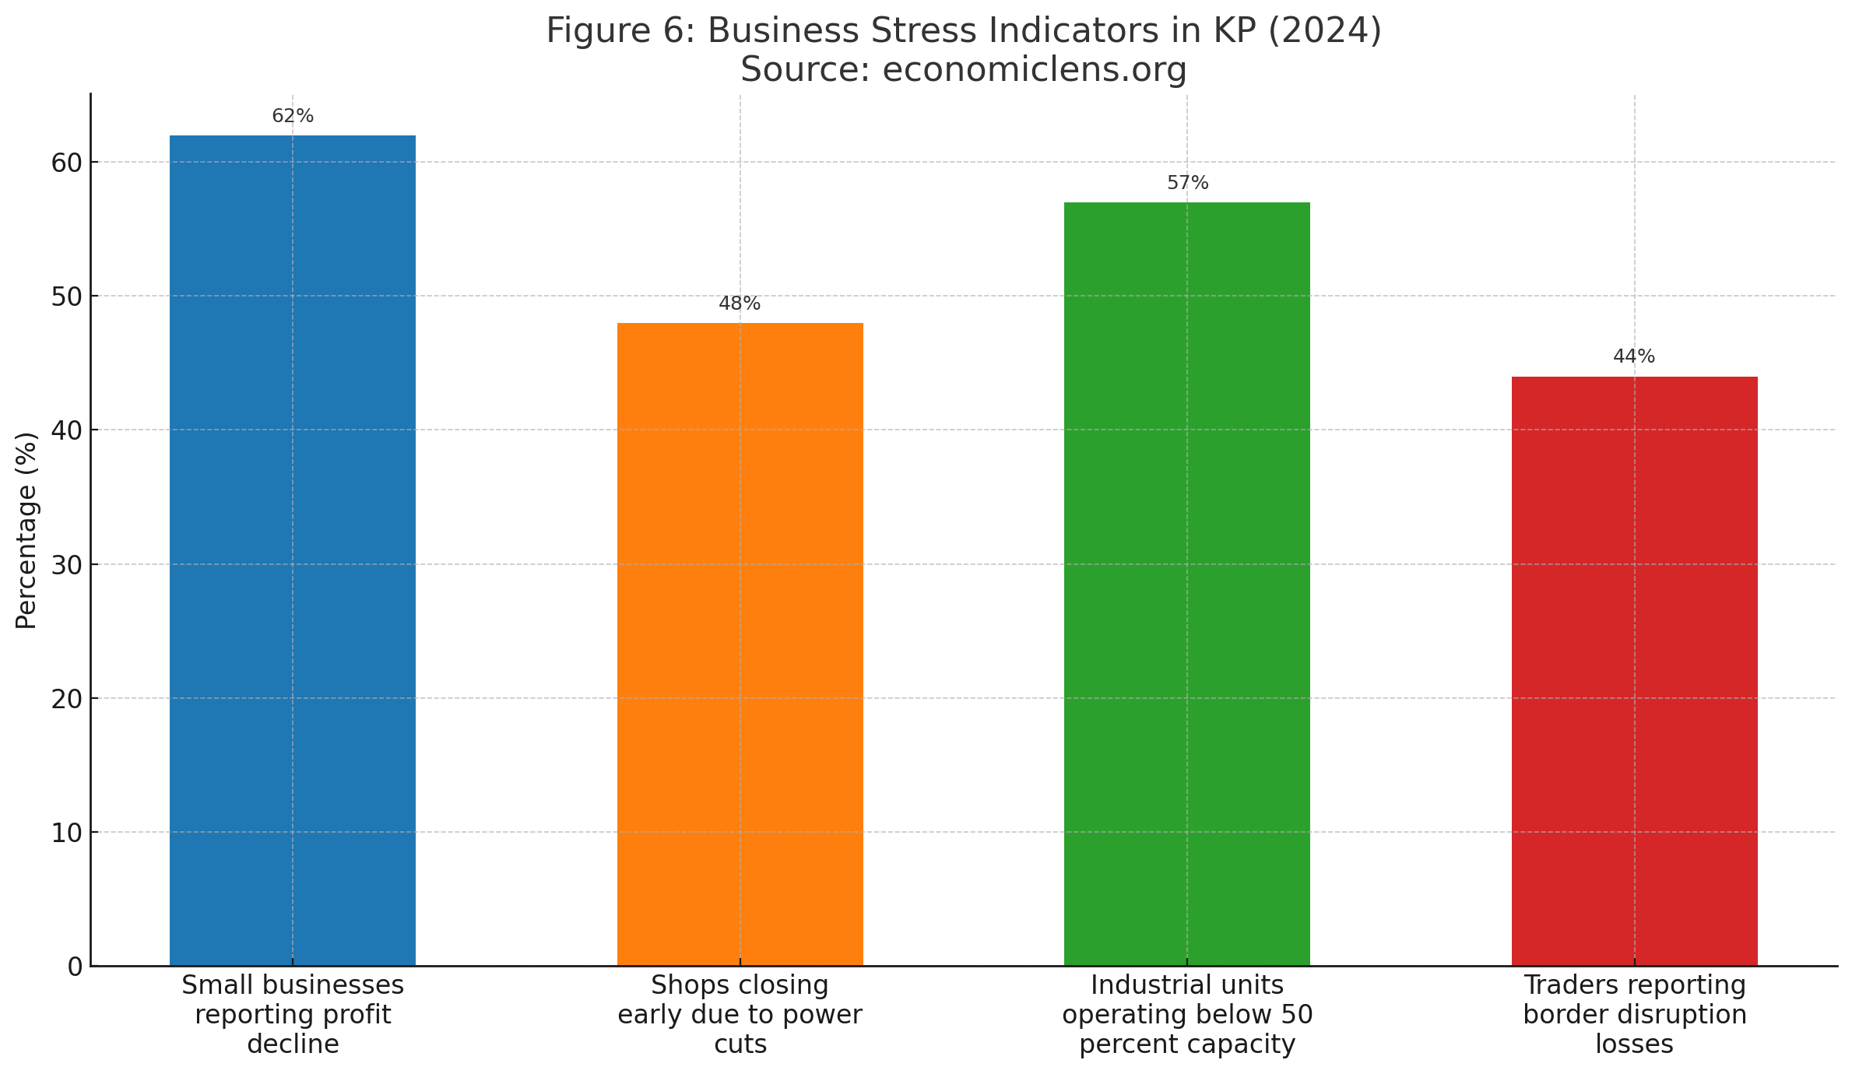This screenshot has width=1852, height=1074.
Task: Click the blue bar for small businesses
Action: click(x=292, y=550)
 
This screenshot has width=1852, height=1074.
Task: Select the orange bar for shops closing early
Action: click(x=740, y=644)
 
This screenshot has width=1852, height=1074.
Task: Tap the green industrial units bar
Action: click(x=1186, y=584)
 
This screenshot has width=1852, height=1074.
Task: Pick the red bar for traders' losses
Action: click(x=1634, y=671)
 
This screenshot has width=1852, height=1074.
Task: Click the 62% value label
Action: click(x=293, y=116)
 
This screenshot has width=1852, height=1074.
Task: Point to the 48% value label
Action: click(x=740, y=304)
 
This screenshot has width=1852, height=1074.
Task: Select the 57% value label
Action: click(x=1187, y=183)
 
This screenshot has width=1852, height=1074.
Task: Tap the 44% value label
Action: click(x=1634, y=356)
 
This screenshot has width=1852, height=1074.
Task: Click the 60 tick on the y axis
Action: click(x=67, y=163)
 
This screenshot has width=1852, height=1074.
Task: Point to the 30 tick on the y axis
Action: click(x=67, y=564)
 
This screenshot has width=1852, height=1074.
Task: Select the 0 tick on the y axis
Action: click(x=75, y=967)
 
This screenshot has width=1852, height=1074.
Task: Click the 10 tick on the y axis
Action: click(x=67, y=833)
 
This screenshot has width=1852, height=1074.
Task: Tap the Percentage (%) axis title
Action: click(x=26, y=530)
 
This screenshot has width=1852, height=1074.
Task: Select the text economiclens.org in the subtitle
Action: click(x=1035, y=69)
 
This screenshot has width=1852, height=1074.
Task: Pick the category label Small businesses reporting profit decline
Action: click(x=293, y=1014)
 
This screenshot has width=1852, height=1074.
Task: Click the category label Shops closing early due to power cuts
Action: click(x=740, y=1014)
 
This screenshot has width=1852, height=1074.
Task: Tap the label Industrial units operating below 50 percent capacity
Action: click(x=1187, y=1014)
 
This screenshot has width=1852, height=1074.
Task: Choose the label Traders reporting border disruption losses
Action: click(x=1634, y=1014)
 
